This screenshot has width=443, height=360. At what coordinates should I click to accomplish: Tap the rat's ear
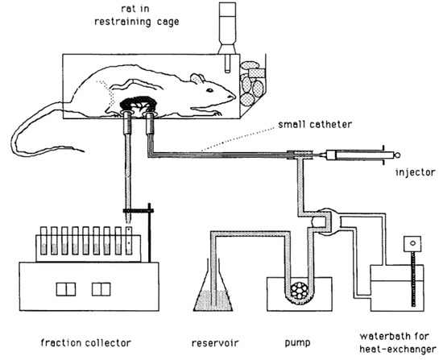(x=195, y=79)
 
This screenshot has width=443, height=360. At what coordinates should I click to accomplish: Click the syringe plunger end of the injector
(x=394, y=151)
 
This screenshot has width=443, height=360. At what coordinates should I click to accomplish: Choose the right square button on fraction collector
(x=101, y=288)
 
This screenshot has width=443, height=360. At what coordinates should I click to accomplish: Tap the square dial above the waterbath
(x=413, y=242)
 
